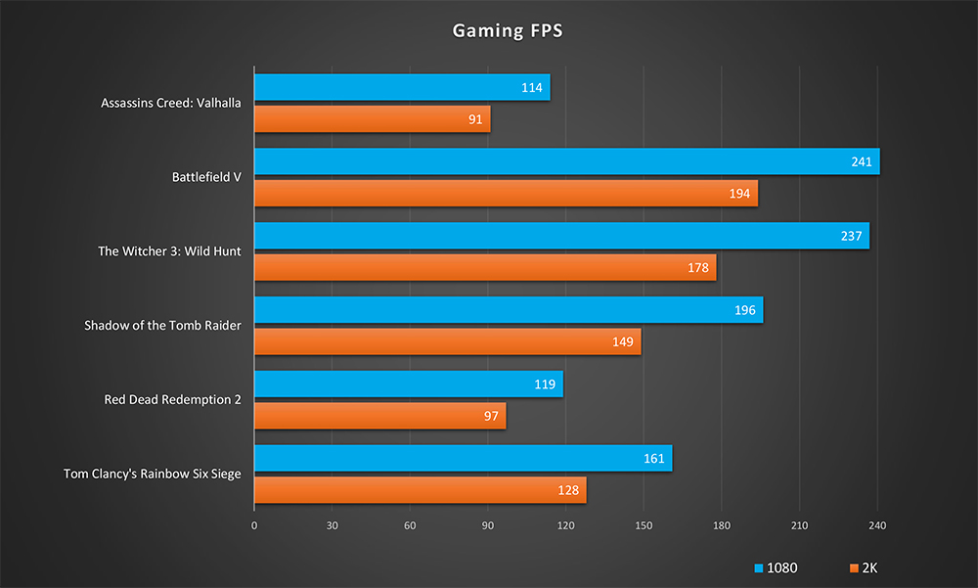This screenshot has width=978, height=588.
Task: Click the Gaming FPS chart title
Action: coord(507,30)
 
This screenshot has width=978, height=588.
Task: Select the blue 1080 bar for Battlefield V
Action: coord(566,161)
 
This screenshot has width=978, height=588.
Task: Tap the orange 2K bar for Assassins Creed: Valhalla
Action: coord(372,119)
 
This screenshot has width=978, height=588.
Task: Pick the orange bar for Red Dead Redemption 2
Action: coord(379,416)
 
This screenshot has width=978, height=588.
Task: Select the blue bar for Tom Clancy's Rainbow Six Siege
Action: coord(463,458)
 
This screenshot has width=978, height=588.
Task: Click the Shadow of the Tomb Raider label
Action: coord(162,325)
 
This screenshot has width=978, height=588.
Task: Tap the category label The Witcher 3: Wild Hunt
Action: coord(169,251)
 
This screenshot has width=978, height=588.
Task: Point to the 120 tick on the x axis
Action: coord(565,526)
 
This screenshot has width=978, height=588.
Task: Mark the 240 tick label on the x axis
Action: coord(877,526)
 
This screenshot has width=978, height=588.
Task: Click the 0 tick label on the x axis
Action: coord(254,526)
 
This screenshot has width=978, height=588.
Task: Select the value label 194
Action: coord(740,194)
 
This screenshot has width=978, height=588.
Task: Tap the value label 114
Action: coord(533,87)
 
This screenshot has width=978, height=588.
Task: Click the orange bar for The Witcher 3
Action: coord(485,267)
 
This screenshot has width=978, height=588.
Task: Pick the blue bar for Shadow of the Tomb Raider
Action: coord(509,310)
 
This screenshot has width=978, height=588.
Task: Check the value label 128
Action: coord(569,490)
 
